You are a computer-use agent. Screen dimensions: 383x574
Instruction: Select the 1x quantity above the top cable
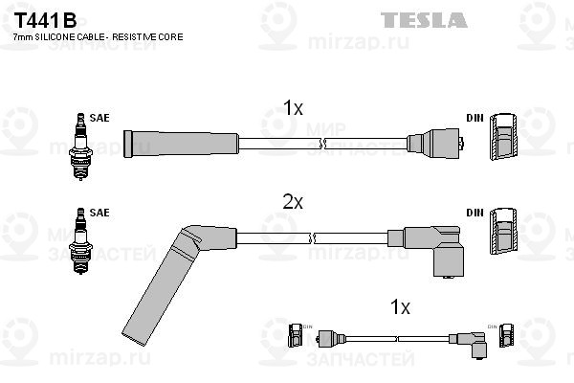293,109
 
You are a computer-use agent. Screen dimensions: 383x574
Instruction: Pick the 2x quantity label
293,202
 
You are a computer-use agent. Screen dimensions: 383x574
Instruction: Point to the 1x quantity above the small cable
401,307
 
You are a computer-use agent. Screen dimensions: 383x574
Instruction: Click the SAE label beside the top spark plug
99,118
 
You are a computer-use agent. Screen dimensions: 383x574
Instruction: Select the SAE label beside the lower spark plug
99,213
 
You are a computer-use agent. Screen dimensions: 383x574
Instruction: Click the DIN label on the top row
474,118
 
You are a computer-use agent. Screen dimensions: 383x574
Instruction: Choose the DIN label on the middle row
474,213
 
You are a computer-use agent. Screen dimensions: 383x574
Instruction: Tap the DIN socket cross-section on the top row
504,139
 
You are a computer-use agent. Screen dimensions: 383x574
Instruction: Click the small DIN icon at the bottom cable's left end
295,335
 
